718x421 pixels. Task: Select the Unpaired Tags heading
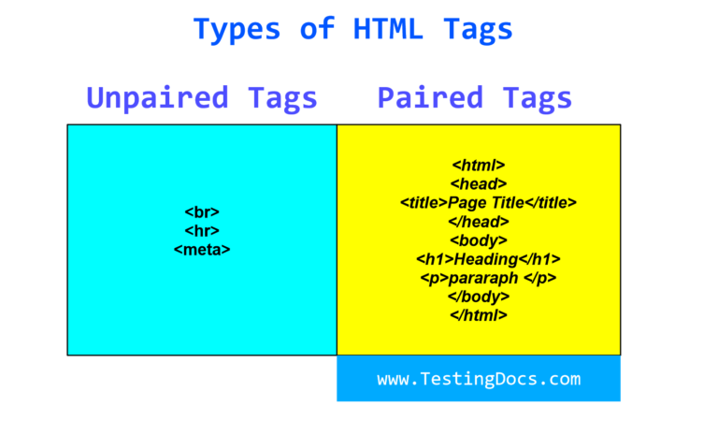(202, 97)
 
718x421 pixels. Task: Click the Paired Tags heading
(475, 97)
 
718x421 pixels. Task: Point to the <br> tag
(202, 212)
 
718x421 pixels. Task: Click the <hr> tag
(202, 230)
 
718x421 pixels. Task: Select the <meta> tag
(202, 249)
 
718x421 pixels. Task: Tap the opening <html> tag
(478, 166)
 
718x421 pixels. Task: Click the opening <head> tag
(478, 184)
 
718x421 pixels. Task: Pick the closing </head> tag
(478, 222)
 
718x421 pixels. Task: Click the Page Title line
(488, 203)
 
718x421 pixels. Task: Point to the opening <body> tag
(478, 240)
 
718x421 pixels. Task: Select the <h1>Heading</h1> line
(487, 259)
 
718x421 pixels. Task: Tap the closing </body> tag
(478, 297)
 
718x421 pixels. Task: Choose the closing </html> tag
(478, 315)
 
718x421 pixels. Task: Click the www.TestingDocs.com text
(479, 379)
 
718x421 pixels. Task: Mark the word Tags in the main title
(479, 28)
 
